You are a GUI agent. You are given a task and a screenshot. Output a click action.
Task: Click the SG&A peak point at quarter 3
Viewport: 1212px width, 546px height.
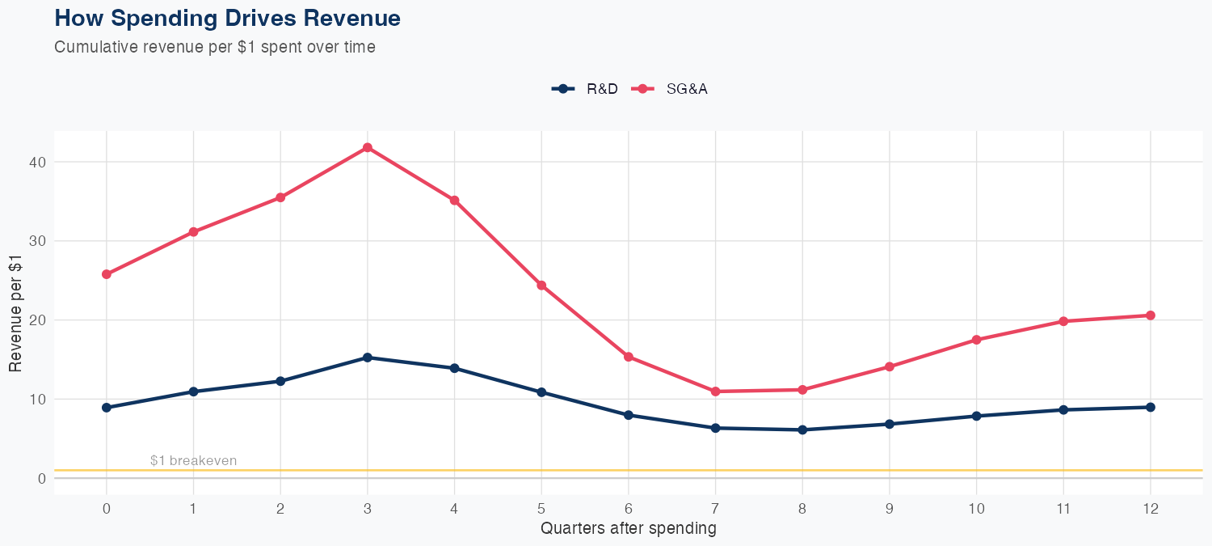click(368, 147)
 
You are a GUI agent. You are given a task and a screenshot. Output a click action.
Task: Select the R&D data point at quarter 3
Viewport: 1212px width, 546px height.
click(368, 358)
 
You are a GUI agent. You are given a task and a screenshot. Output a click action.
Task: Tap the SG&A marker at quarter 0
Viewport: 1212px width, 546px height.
click(107, 274)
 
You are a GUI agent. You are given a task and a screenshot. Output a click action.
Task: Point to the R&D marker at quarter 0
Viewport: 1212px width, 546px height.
click(107, 408)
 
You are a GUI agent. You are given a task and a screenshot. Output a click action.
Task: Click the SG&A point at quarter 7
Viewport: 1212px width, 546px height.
click(715, 392)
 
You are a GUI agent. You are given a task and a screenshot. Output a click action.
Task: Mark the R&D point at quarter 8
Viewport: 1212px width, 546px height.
click(802, 430)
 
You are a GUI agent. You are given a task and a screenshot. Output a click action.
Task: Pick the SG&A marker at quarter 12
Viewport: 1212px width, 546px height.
click(1151, 315)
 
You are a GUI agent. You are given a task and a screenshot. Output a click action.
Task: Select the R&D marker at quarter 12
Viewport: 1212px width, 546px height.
click(1151, 407)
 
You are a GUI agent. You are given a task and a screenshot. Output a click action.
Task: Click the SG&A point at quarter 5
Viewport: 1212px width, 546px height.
click(541, 286)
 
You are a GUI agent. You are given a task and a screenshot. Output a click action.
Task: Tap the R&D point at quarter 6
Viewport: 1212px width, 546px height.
click(629, 415)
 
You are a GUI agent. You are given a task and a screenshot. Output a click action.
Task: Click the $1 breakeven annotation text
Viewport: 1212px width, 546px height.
click(193, 461)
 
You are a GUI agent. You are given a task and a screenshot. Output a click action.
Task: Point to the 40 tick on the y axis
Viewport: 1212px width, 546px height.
click(36, 162)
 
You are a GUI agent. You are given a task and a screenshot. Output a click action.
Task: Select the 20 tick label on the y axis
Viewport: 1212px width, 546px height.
click(36, 320)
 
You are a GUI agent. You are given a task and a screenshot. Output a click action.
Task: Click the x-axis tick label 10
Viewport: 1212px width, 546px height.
click(976, 509)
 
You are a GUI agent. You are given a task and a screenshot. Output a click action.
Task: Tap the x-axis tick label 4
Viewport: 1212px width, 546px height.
click(454, 509)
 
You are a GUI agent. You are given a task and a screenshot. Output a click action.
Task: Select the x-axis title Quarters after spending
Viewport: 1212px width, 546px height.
click(628, 529)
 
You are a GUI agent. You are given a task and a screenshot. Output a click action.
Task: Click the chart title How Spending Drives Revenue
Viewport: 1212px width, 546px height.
click(227, 18)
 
